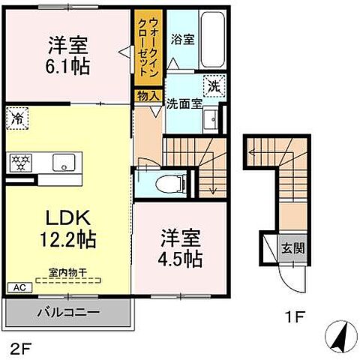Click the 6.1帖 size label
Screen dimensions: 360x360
click(x=67, y=67)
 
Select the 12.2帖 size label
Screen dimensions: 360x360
click(x=67, y=240)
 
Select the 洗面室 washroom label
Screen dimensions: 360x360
click(x=184, y=104)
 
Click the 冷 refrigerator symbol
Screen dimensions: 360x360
click(x=17, y=118)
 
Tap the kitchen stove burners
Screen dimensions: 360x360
click(x=19, y=160)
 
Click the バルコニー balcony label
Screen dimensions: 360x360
click(x=67, y=311)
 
